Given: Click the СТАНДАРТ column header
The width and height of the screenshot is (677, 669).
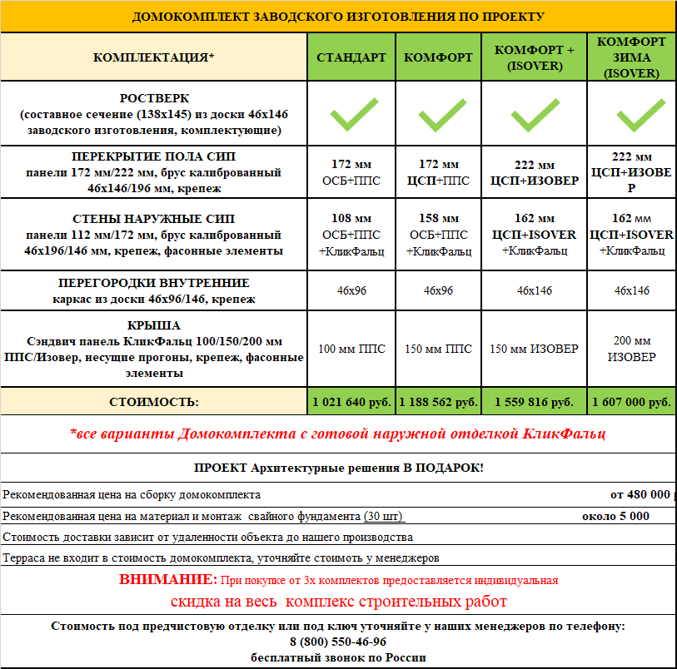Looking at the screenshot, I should coord(351,57).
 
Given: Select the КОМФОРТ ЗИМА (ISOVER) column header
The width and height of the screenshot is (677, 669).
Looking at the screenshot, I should coord(630,57).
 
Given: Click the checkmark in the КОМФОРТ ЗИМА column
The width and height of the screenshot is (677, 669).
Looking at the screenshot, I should coord(630,115).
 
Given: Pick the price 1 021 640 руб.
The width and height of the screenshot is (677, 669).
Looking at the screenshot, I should coord(351,402).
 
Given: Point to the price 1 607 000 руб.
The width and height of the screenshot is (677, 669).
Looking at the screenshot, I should coord(630,402).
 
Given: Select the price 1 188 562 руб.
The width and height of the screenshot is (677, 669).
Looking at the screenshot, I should coord(438,402).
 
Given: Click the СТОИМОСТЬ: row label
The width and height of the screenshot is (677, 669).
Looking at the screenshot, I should coord(154,402).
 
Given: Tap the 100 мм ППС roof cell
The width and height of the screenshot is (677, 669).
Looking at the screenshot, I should coord(351,349).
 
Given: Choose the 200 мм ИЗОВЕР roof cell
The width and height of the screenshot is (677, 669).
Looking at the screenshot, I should coord(630,349).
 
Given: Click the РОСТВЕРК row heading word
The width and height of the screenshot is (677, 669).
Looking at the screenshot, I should coord(154,97).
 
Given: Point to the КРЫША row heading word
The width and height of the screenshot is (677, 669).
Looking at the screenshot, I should coord(154,325).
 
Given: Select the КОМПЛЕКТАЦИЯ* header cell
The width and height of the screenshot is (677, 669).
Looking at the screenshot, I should coord(154,57).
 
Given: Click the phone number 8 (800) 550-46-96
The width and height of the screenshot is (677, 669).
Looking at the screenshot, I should coord(338,642).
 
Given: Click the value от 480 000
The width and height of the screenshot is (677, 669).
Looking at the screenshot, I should coord(640,494).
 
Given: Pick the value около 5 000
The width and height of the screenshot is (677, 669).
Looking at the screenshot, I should coord(615,516).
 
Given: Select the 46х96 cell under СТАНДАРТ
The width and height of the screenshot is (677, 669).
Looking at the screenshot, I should coord(351,290).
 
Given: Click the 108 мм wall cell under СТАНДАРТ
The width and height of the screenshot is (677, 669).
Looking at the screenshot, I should coord(351,219).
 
